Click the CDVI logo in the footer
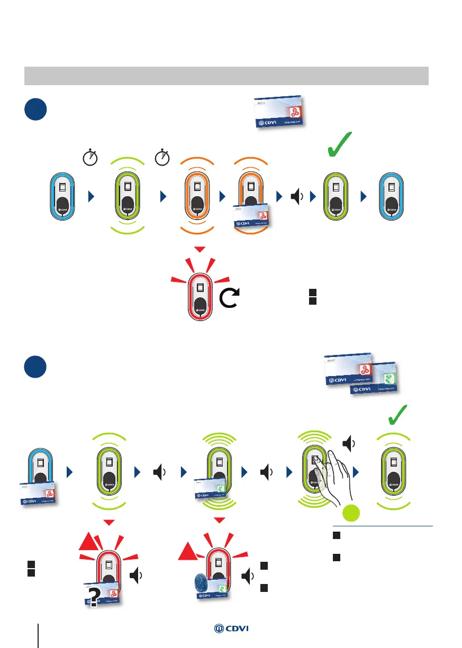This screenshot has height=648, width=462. pyautogui.click(x=231, y=628)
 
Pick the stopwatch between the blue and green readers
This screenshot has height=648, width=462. pyautogui.click(x=90, y=157)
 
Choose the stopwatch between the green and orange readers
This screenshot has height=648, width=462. pyautogui.click(x=162, y=157)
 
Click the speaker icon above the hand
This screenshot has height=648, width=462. pyautogui.click(x=347, y=442)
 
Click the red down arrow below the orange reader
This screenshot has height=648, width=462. pyautogui.click(x=200, y=249)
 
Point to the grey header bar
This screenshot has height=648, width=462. pyautogui.click(x=226, y=76)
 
